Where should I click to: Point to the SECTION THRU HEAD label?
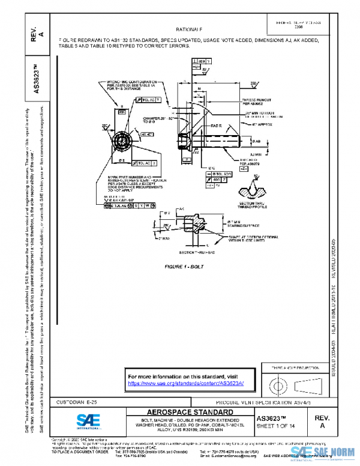point(190,254)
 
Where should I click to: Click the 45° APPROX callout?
point(262,124)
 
